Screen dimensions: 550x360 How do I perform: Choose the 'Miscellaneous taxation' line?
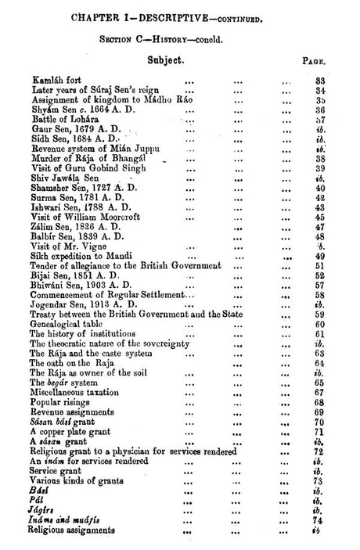click(78, 392)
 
